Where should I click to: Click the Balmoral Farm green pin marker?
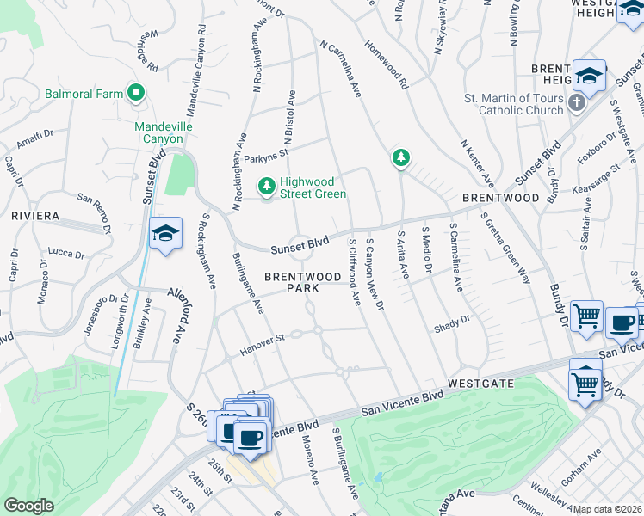(x=135, y=92)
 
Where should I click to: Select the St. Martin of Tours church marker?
(x=577, y=103)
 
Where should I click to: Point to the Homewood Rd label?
(x=385, y=66)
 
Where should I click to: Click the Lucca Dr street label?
(x=66, y=255)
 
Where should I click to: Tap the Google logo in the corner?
(x=28, y=505)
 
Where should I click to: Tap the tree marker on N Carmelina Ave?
(x=399, y=157)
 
